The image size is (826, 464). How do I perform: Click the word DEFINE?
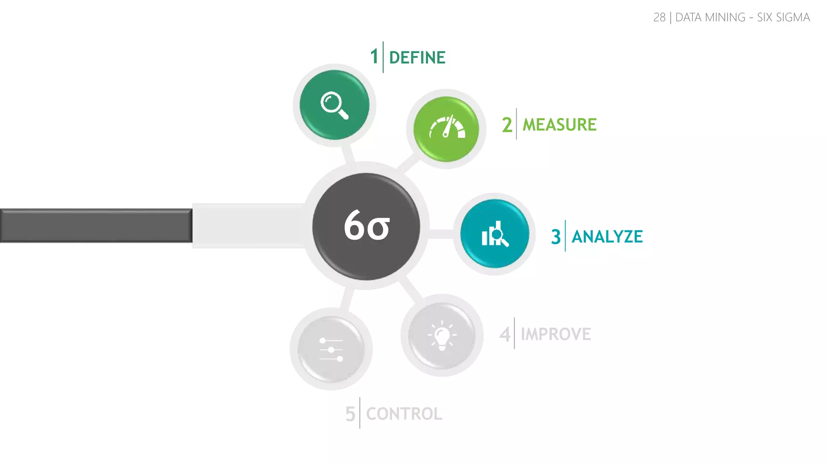point(417,58)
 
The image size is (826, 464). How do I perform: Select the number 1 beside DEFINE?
point(374,56)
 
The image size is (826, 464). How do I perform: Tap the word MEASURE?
point(559,125)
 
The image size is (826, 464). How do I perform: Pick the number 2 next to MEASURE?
point(507,125)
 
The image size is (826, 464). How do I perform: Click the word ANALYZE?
point(607,236)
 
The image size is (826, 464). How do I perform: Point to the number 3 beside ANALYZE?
point(556,236)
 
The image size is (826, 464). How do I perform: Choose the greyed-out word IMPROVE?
point(556,334)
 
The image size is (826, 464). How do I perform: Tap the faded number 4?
point(505,334)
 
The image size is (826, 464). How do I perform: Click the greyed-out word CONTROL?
point(404,414)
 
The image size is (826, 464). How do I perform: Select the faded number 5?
point(350,414)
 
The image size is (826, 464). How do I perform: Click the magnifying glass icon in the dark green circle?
point(334,106)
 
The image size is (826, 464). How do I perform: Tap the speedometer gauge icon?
point(447,128)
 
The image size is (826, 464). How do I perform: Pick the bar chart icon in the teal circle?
point(495,234)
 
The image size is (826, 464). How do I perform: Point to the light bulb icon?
point(442,336)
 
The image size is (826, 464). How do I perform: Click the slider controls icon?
point(331,349)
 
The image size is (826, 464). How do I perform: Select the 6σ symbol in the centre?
point(367,226)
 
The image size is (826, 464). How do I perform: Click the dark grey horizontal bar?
point(96,226)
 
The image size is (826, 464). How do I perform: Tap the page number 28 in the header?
point(659,17)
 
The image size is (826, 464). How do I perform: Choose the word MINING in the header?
point(725,17)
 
